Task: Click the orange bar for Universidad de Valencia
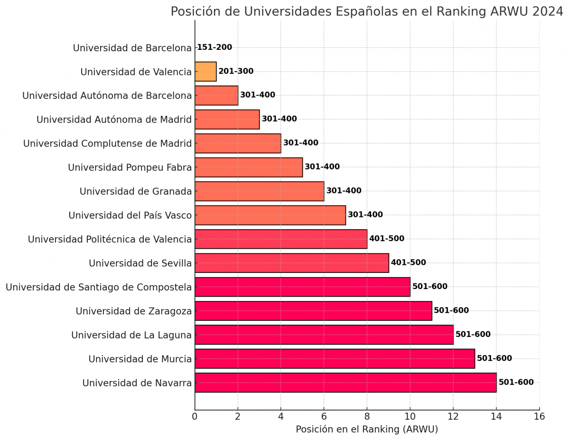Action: click(x=205, y=72)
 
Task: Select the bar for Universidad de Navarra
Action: click(x=345, y=383)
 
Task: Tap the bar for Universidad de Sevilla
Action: click(x=291, y=263)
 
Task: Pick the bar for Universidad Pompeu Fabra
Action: click(x=249, y=167)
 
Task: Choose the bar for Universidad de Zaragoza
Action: click(x=313, y=311)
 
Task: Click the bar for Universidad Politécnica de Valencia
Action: click(x=281, y=239)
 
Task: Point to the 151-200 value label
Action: click(x=215, y=47)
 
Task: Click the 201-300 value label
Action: click(x=236, y=72)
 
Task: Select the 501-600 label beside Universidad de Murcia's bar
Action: click(x=494, y=358)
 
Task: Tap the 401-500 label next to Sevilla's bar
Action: click(x=408, y=263)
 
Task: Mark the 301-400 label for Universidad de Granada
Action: click(x=344, y=191)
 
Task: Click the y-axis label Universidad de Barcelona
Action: click(x=132, y=48)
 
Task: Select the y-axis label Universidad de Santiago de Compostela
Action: click(x=99, y=287)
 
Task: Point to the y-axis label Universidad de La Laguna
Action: click(x=131, y=335)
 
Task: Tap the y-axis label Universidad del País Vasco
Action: click(x=130, y=215)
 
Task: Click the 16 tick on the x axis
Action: click(x=539, y=417)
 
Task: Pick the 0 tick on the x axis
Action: click(x=195, y=417)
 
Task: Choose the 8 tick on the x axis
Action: click(x=367, y=417)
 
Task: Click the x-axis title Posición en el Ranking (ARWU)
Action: click(x=367, y=430)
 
